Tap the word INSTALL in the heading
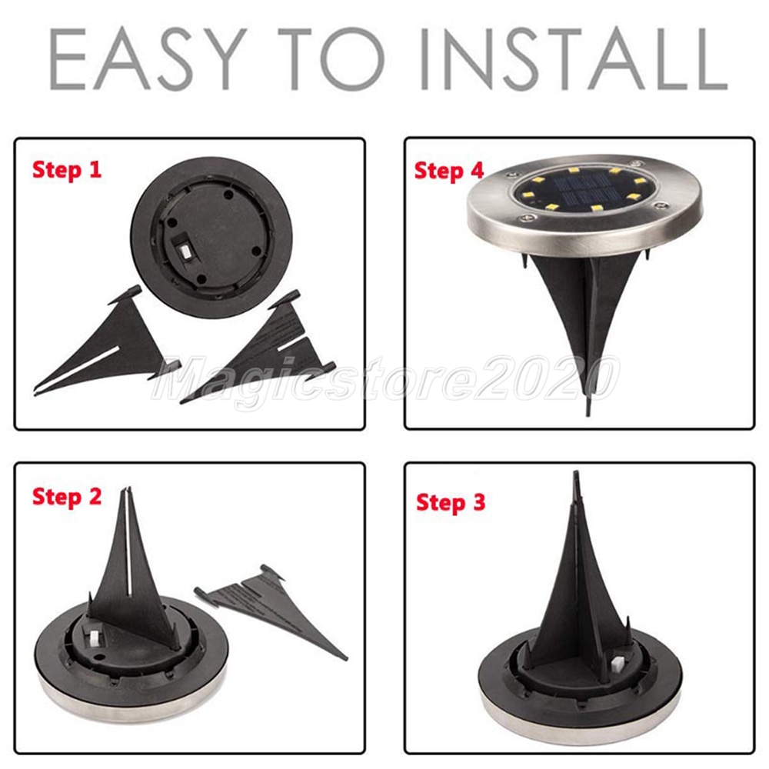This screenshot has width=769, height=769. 574,59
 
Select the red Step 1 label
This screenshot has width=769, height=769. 67,170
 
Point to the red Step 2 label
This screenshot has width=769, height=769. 67,496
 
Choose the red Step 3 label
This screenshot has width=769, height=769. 451,503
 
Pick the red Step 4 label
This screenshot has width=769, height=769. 449,171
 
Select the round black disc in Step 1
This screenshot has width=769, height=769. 211,238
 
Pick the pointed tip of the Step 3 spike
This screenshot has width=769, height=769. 576,472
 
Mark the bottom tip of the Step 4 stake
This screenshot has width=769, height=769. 588,415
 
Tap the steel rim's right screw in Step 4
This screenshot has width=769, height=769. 664,206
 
